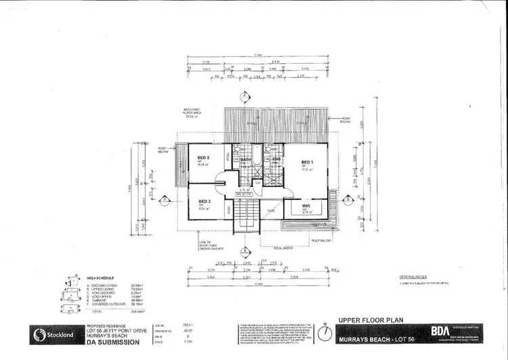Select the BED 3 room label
[x=204, y=201]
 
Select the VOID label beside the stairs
[x=270, y=210]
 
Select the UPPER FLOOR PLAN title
[x=372, y=317]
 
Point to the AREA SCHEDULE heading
[x=101, y=279]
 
